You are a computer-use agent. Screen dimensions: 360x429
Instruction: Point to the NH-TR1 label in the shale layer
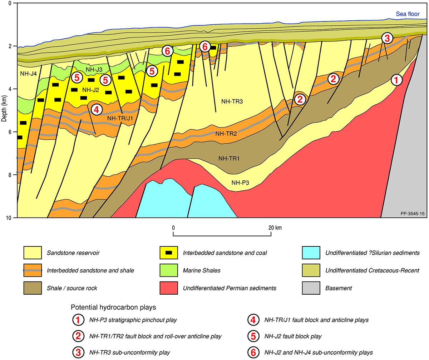point(229,157)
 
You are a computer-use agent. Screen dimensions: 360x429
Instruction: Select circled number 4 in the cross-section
point(96,109)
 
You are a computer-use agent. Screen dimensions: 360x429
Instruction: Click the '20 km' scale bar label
point(275,227)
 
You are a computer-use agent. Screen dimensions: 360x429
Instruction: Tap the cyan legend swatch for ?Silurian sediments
point(310,253)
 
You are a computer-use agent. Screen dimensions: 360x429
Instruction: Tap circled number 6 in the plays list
point(253,352)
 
